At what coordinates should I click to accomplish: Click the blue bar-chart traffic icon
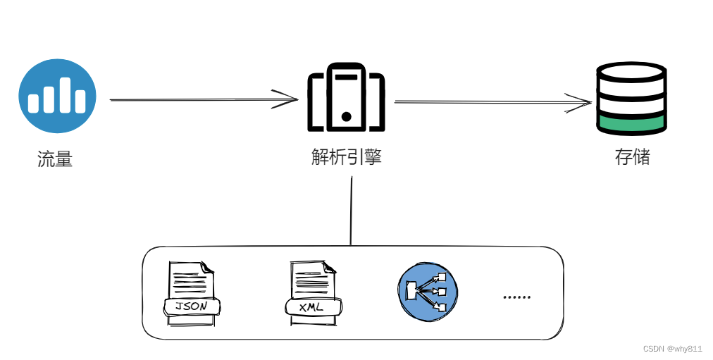click(57, 97)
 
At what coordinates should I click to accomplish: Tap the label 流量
click(55, 159)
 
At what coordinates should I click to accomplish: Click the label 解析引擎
click(346, 156)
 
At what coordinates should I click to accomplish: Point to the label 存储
click(632, 156)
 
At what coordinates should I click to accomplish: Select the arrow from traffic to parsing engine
click(204, 99)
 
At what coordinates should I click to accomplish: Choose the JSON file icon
click(191, 292)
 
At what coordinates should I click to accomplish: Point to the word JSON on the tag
click(191, 306)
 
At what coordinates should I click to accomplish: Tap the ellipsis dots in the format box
click(516, 297)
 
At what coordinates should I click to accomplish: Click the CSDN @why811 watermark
click(672, 349)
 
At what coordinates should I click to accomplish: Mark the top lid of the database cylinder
click(631, 71)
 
